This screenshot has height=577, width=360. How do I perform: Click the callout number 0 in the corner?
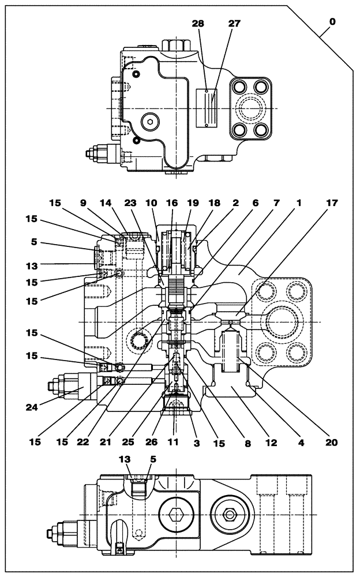(x=332, y=21)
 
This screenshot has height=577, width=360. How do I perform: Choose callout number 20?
(x=331, y=443)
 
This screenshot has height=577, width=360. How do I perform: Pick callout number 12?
(x=271, y=443)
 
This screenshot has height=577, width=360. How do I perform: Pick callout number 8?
(x=247, y=443)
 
